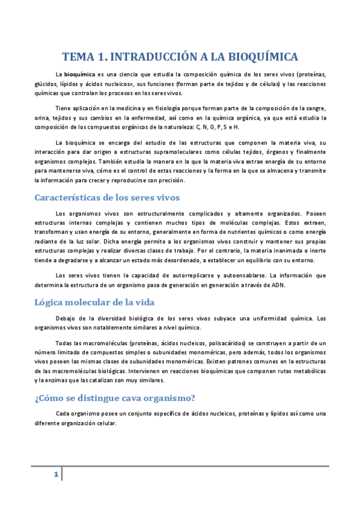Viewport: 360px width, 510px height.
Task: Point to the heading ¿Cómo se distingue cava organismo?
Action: click(117, 397)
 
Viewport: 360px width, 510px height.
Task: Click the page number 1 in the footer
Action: click(55, 475)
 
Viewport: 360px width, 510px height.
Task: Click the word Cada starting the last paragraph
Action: click(63, 413)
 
